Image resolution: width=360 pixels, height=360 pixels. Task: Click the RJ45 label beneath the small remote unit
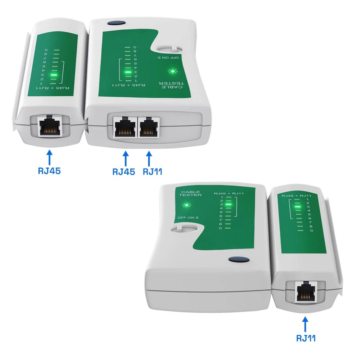[x=49, y=171]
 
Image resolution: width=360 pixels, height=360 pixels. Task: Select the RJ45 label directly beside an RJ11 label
[x=124, y=172]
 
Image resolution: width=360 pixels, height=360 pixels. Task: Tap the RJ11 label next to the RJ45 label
[x=153, y=172]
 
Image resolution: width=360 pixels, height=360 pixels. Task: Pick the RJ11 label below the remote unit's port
[x=306, y=338]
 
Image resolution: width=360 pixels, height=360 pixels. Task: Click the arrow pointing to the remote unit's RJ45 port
[x=49, y=156]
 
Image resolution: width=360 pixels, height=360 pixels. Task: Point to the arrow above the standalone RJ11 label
[x=305, y=323]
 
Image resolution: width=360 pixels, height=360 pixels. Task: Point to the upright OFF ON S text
[x=188, y=218]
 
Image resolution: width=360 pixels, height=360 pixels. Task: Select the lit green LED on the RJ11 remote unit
[x=298, y=207]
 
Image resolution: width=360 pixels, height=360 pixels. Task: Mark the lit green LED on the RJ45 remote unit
[x=54, y=75]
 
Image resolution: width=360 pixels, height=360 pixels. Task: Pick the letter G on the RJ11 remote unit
[x=311, y=230]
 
